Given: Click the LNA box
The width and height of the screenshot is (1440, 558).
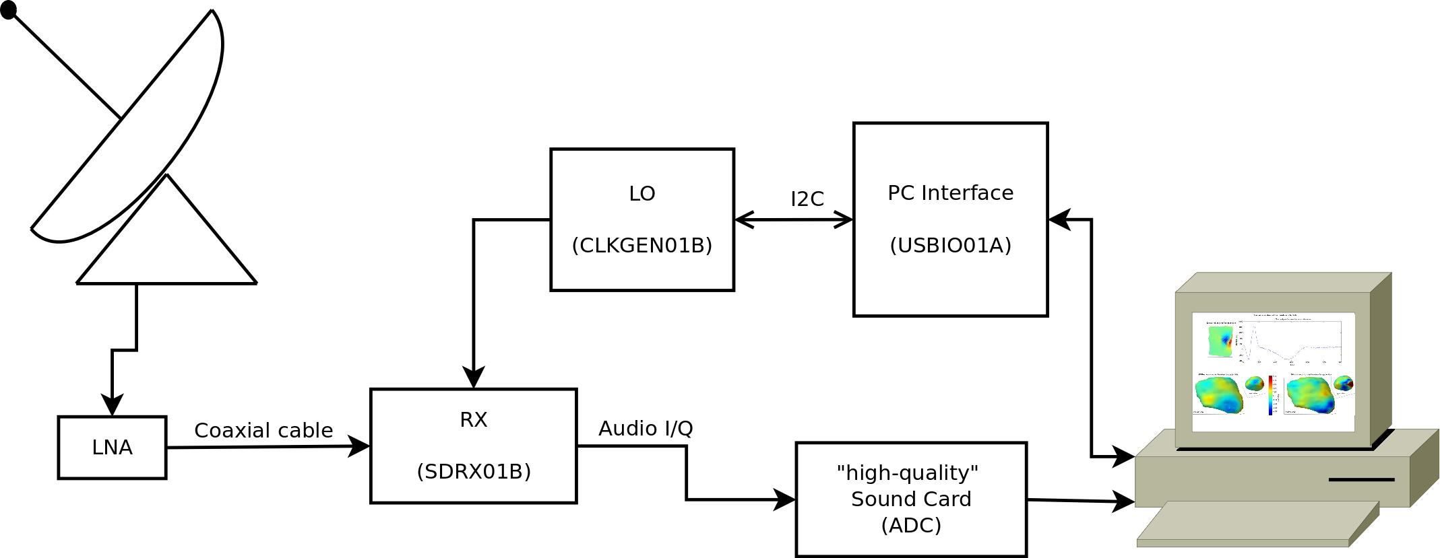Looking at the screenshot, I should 112,448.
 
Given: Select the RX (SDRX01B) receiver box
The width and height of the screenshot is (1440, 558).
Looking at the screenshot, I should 473,446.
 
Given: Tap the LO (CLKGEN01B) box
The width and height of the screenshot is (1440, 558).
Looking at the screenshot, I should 641,219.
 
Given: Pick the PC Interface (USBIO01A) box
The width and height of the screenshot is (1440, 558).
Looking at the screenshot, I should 950,219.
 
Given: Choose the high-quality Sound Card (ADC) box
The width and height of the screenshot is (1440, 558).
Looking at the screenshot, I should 910,499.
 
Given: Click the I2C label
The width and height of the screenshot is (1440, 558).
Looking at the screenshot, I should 807,199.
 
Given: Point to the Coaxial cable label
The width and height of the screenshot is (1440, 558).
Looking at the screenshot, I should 263,431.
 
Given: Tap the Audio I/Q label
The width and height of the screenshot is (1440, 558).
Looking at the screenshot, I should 646,429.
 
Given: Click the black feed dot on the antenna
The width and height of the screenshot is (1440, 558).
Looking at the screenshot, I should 9,10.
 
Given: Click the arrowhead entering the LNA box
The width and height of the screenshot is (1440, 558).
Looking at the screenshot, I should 112,406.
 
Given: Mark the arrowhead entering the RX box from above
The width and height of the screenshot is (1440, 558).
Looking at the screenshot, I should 474,378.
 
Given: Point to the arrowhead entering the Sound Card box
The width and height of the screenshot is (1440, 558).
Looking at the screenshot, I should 784,500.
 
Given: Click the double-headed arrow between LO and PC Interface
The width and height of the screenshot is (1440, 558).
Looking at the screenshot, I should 794,219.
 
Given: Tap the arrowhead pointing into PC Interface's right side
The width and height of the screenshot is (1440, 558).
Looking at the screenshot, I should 1060,219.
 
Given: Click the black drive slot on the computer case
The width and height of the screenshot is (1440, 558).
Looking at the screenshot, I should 1361,480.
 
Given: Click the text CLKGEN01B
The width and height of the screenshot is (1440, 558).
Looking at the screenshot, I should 641,246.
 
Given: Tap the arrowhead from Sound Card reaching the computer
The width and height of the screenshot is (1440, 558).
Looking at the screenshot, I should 1124,501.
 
